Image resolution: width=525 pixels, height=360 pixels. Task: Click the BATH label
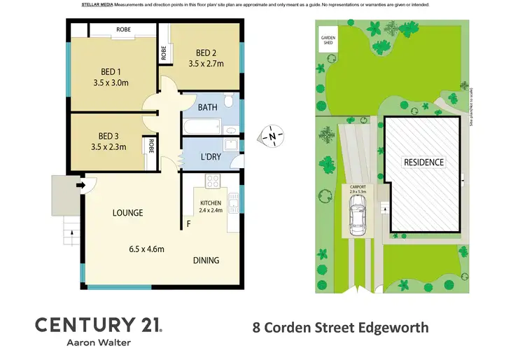click(207, 108)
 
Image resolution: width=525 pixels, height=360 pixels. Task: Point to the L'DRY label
click(210, 157)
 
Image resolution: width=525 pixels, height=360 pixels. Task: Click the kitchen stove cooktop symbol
click(213, 181)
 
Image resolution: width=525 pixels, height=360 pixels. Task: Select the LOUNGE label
click(126, 213)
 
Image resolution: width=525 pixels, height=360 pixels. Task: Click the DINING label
click(206, 260)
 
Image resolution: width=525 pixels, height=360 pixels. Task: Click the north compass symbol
click(273, 134)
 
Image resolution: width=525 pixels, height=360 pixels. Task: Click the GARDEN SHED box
click(328, 39)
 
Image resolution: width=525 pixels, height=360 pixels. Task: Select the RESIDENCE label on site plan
click(423, 162)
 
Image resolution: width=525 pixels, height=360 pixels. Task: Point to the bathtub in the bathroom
click(202, 128)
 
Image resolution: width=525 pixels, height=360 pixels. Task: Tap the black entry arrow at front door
click(81, 186)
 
